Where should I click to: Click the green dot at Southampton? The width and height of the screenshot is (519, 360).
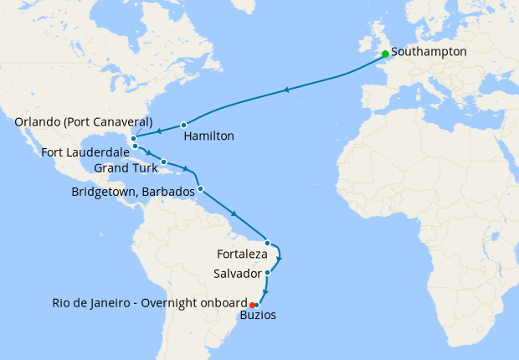[x=385, y=54]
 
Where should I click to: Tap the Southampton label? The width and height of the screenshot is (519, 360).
[x=429, y=52]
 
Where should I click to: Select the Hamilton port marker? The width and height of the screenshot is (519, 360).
[x=183, y=126]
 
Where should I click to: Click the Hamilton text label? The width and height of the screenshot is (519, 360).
[x=208, y=136]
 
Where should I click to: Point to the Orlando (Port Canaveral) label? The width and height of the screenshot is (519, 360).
[x=84, y=122]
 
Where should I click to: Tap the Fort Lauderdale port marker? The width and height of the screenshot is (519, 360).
[x=135, y=147]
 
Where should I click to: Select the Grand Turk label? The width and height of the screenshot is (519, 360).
[x=126, y=168]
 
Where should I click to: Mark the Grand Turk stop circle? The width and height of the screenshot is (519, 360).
[x=164, y=162]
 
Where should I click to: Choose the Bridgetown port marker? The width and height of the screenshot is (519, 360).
[x=200, y=188]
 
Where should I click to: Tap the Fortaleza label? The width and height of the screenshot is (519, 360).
[x=242, y=254]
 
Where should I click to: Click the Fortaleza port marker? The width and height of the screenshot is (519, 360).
[x=267, y=243]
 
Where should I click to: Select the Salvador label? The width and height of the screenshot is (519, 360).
[x=238, y=275]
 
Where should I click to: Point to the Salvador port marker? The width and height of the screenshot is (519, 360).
[x=267, y=273]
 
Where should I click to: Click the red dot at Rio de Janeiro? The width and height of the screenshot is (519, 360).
[x=251, y=304]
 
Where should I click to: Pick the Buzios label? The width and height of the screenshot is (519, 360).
[x=257, y=316]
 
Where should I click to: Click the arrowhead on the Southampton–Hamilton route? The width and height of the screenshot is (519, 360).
[x=288, y=90]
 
